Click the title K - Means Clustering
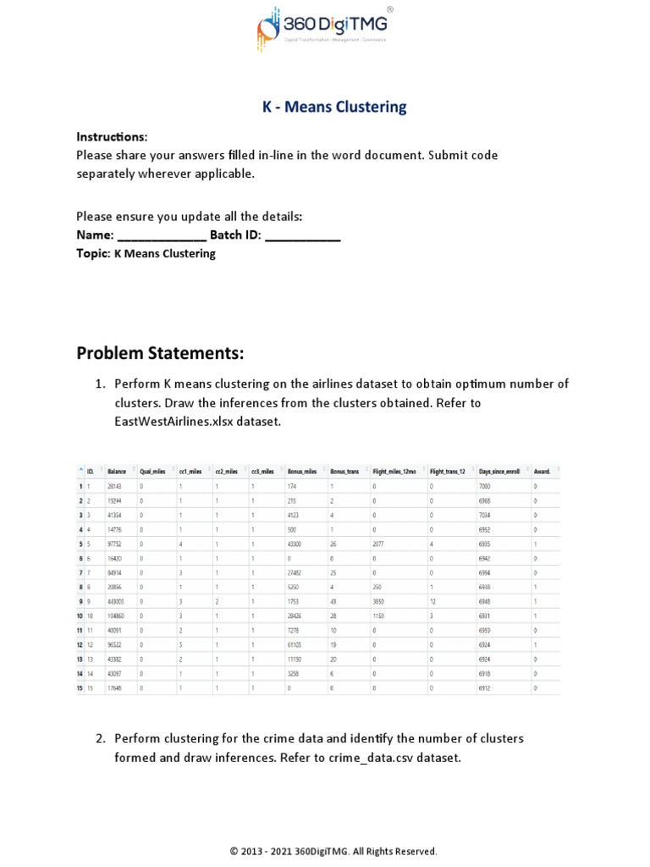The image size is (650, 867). pyautogui.click(x=333, y=107)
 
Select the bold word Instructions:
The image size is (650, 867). pyautogui.click(x=112, y=137)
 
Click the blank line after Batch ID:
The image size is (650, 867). pyautogui.click(x=302, y=235)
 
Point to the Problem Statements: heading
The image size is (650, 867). pyautogui.click(x=160, y=352)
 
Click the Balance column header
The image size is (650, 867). pyautogui.click(x=118, y=471)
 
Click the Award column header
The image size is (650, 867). pyautogui.click(x=542, y=471)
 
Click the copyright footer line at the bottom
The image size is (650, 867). pyautogui.click(x=333, y=851)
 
